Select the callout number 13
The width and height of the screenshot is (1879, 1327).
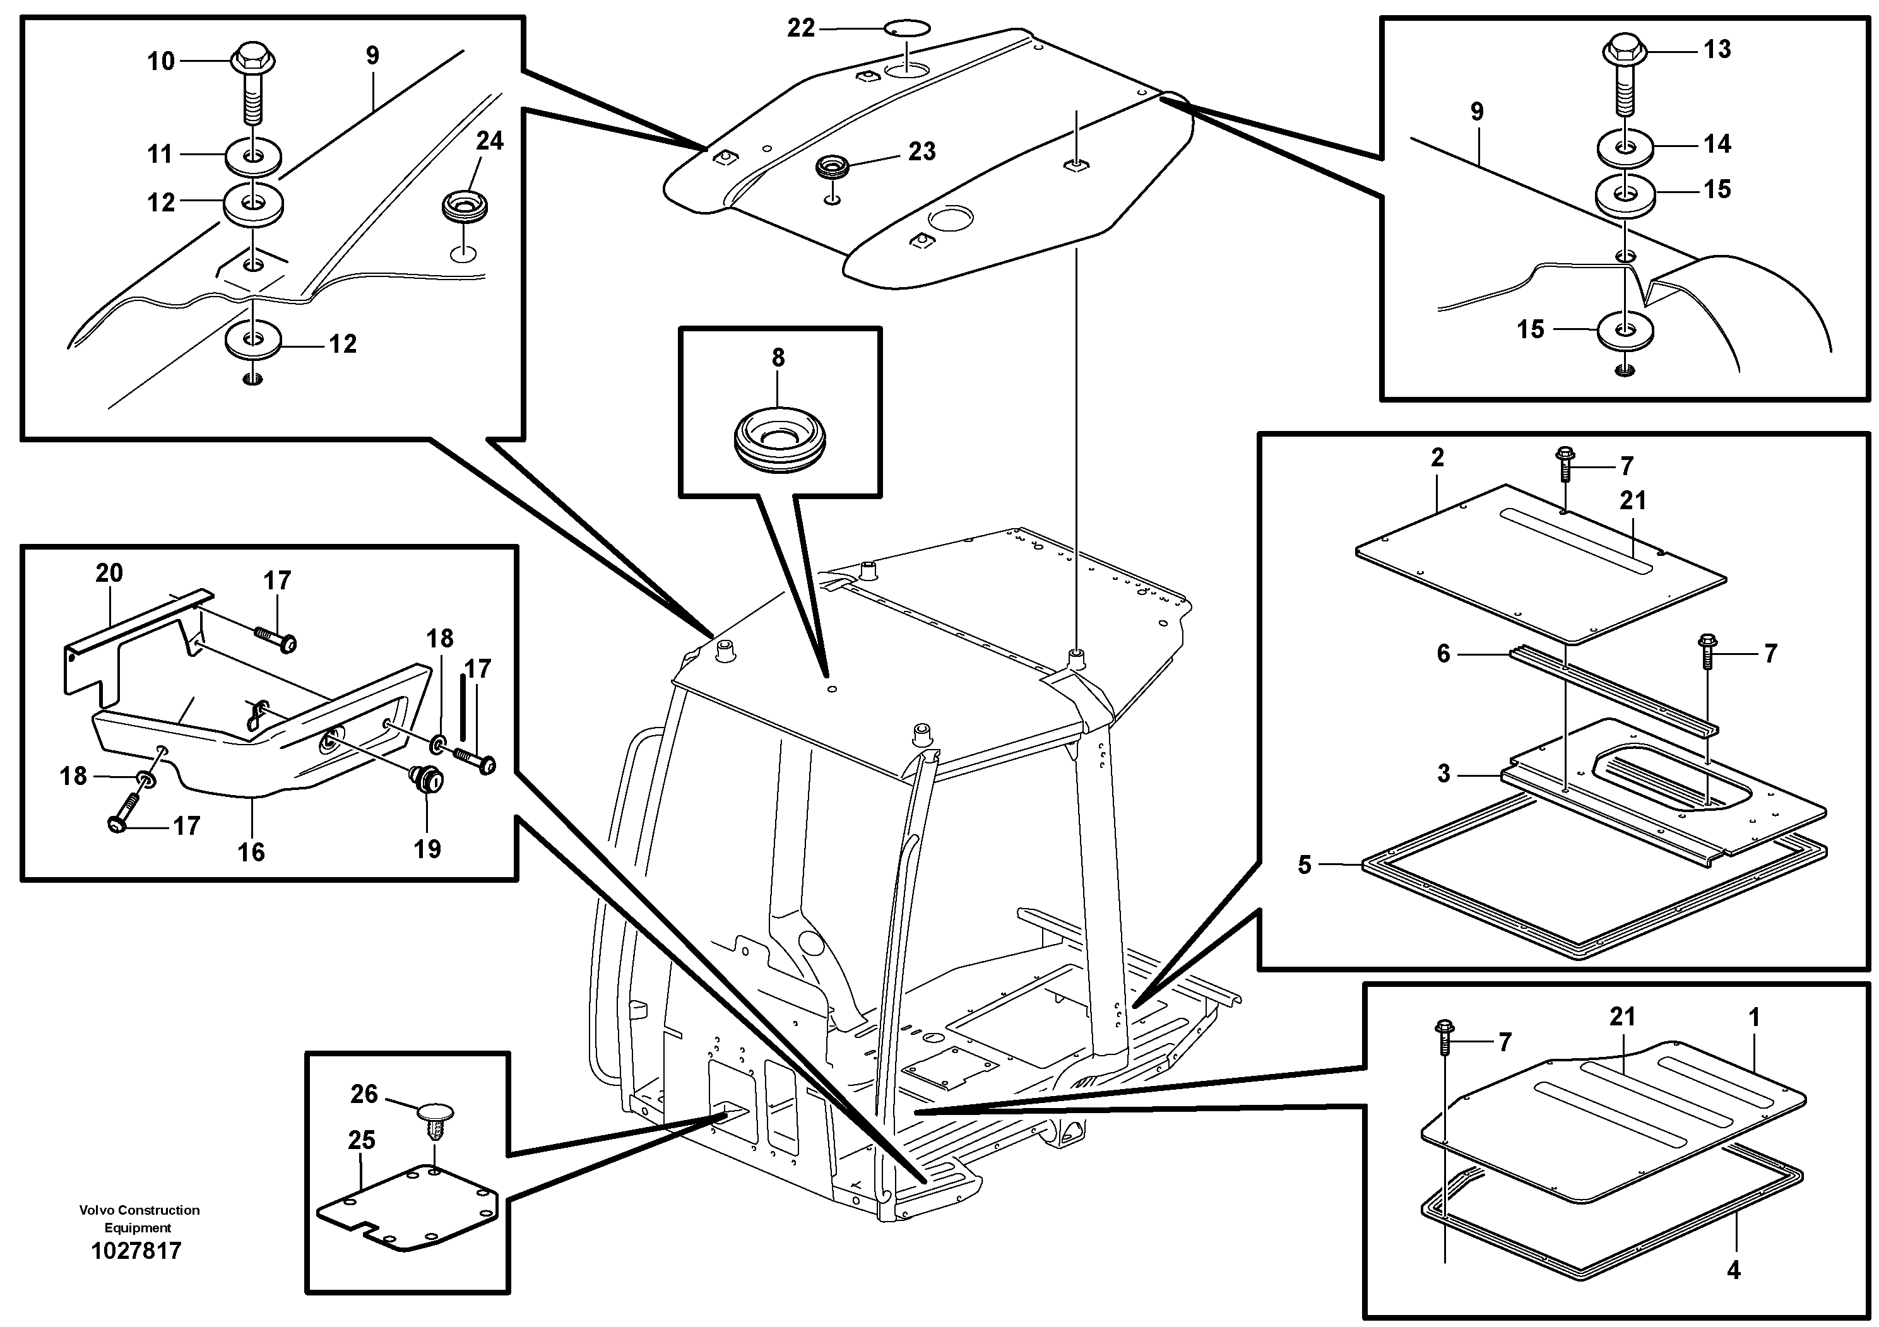click(x=1717, y=49)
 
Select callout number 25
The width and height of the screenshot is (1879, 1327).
click(x=361, y=1140)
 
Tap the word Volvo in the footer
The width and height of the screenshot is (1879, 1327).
click(x=95, y=1210)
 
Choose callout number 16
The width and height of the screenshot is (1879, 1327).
click(x=251, y=852)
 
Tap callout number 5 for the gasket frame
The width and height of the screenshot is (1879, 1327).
click(x=1305, y=864)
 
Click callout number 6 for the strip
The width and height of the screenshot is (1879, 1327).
click(x=1443, y=654)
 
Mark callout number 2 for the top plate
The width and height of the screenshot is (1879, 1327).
click(x=1438, y=457)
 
